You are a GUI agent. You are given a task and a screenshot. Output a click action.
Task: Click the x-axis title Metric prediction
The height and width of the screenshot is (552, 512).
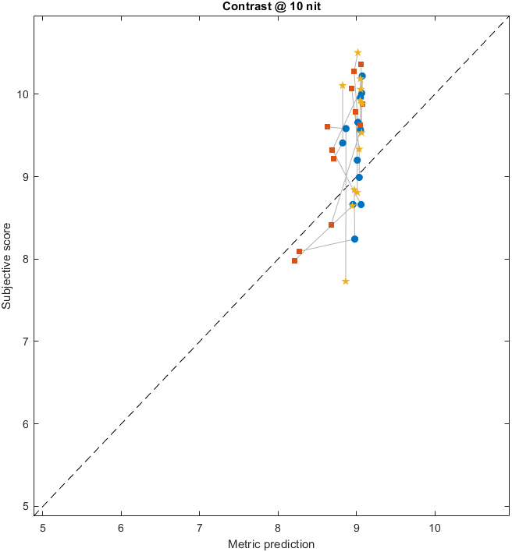[x=271, y=543]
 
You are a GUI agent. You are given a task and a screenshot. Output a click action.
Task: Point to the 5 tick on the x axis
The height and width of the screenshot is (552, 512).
[x=43, y=527]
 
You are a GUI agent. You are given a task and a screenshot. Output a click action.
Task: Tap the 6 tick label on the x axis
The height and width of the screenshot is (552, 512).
[x=121, y=527]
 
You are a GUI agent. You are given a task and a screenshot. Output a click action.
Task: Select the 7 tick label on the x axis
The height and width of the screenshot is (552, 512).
[x=199, y=527]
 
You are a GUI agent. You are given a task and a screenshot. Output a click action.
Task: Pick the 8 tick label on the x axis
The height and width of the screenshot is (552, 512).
[x=278, y=527]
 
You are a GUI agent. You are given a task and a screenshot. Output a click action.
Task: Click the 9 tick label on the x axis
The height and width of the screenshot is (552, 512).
[x=356, y=527]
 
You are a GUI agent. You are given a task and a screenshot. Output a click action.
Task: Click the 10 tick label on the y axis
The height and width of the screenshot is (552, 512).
[x=22, y=94]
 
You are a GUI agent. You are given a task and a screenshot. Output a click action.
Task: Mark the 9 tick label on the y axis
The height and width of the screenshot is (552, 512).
[x=25, y=177]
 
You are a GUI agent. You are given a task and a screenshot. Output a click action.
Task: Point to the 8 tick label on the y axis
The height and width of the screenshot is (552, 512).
[x=25, y=259]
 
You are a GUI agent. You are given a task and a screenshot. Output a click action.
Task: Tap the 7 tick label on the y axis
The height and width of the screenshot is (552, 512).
[x=25, y=341]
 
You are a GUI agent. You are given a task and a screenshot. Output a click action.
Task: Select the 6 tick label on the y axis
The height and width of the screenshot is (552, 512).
[x=25, y=424]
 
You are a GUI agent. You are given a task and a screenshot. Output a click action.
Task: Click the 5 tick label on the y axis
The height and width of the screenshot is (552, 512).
[x=25, y=506]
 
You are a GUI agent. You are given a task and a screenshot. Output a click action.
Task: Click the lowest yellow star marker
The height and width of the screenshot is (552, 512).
[x=346, y=281]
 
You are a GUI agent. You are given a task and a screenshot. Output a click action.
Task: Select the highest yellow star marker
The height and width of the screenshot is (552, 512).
[x=358, y=52]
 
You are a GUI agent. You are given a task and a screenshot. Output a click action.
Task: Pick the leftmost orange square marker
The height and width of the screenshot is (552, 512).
[x=294, y=260]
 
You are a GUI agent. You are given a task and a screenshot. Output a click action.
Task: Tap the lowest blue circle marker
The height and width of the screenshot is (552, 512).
[x=354, y=239]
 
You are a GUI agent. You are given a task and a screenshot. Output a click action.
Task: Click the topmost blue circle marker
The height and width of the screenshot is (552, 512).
[x=362, y=76]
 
